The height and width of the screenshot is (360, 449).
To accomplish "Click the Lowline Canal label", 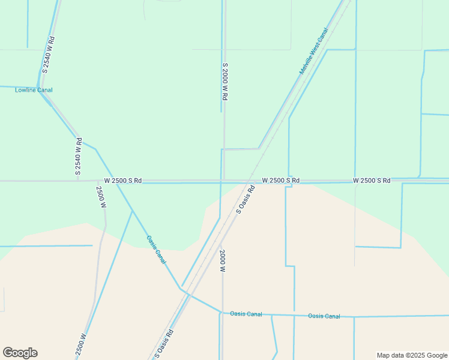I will [34, 91].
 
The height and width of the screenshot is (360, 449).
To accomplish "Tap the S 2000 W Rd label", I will [225, 82].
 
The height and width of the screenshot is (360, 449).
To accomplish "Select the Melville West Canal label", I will [314, 52].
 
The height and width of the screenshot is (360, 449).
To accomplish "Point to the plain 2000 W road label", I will [222, 261].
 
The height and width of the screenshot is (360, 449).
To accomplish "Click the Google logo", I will [20, 353].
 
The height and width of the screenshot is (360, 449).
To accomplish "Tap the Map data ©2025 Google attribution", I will [412, 355].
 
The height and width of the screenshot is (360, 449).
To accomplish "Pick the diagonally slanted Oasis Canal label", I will [156, 249].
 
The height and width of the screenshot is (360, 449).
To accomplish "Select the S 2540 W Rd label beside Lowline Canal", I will [49, 56].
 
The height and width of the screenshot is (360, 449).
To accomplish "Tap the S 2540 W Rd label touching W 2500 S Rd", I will [78, 157].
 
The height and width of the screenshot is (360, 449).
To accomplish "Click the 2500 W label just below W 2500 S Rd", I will [101, 197].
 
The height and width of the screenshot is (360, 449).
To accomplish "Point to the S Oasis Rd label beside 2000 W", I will [246, 200].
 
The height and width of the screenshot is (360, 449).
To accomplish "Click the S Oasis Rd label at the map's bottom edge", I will [165, 344].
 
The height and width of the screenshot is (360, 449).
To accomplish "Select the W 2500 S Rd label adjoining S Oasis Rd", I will [280, 181].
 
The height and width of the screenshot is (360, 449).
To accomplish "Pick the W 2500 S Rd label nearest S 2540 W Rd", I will [122, 181].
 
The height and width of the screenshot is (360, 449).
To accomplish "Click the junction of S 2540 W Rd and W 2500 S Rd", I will [78, 181].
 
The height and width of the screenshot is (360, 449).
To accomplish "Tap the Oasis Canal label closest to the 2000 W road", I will [246, 314].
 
